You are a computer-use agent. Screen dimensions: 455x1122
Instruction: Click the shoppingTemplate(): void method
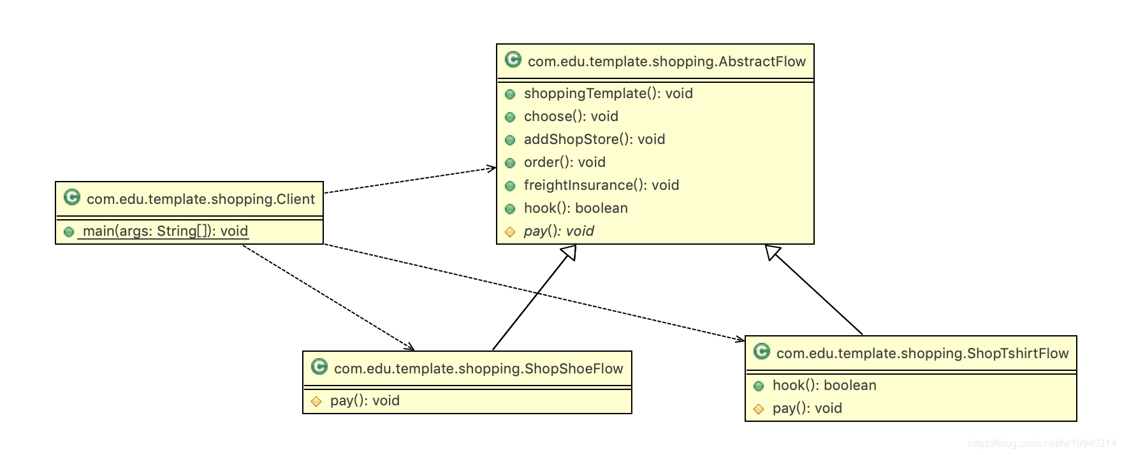tap(608, 94)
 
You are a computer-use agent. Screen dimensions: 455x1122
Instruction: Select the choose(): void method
tap(571, 117)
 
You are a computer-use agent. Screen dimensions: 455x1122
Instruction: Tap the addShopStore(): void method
tap(594, 140)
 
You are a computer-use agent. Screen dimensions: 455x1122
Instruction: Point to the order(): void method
tap(564, 162)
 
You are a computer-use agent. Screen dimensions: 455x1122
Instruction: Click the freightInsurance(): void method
tap(601, 185)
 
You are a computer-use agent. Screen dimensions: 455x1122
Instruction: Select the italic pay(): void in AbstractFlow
tap(558, 231)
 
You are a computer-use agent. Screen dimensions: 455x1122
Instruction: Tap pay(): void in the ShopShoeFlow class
tap(365, 401)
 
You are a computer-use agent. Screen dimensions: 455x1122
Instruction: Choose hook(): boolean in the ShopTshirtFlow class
tap(824, 386)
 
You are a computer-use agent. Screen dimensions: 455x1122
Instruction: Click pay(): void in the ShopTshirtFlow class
tap(807, 408)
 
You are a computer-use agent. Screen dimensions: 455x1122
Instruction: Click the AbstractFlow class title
tap(666, 62)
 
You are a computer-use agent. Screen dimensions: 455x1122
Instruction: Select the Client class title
tap(200, 199)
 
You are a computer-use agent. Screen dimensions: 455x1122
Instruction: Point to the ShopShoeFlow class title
tap(478, 369)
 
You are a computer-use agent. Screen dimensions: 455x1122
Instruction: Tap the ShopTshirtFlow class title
tap(922, 354)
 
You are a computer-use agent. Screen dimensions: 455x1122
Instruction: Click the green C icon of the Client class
tap(72, 198)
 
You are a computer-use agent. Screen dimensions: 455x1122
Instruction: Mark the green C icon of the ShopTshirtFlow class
tap(762, 352)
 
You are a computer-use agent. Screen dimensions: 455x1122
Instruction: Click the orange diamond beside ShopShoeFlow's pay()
tap(316, 401)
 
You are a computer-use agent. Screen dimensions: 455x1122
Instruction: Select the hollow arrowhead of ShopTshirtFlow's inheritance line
tap(773, 252)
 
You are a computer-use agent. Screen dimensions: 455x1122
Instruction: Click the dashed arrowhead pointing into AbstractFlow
tap(492, 168)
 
